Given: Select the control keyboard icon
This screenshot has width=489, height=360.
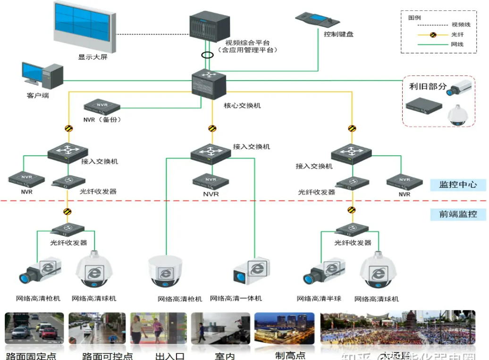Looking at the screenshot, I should (x=318, y=20).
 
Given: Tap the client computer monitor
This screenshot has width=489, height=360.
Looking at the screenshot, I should (x=33, y=75).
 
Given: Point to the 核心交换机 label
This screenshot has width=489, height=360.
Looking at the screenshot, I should (x=242, y=105).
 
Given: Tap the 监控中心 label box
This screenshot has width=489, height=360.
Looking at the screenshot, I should (x=458, y=184).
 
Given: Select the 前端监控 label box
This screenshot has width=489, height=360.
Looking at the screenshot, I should (x=458, y=214).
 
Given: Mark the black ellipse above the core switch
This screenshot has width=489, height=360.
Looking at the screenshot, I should (x=208, y=55).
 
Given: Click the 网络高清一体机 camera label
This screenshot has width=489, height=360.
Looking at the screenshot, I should (x=236, y=299).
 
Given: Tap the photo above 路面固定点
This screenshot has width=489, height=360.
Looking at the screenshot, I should (x=34, y=329).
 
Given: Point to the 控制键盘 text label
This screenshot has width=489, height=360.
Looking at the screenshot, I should (x=338, y=34).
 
